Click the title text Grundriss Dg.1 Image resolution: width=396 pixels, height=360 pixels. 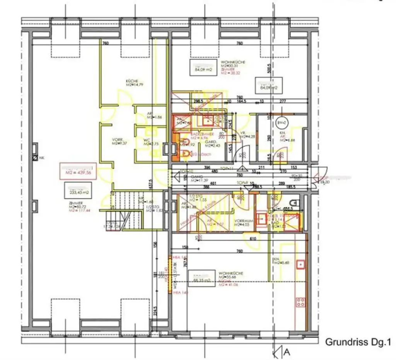pos(358,342)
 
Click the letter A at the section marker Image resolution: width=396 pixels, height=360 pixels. pos(287,353)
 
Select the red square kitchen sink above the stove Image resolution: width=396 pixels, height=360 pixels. pos(300,264)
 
